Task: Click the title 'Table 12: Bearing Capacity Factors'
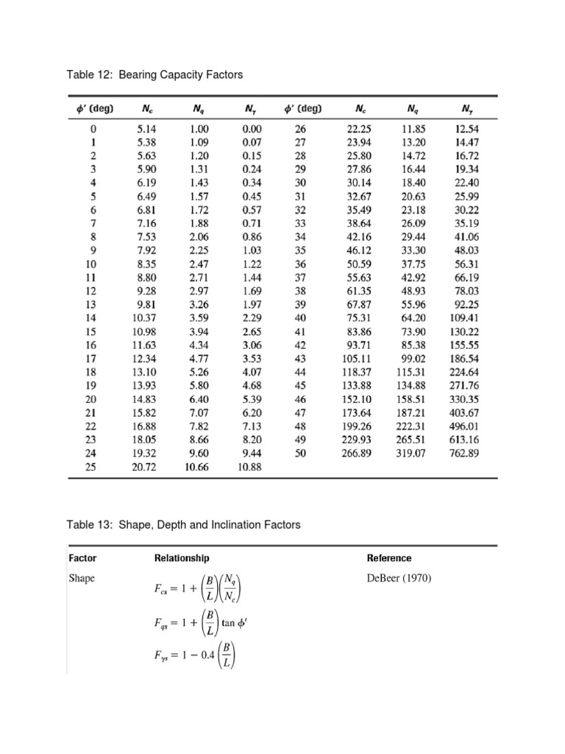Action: (x=154, y=75)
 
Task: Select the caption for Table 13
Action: (x=184, y=525)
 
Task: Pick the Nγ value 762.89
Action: (x=464, y=454)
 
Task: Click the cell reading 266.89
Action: (x=360, y=454)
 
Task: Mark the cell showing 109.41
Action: (x=464, y=318)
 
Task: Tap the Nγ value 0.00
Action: (x=251, y=128)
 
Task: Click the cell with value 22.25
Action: (x=360, y=128)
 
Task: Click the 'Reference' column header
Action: (x=389, y=558)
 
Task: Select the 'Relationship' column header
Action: (x=182, y=558)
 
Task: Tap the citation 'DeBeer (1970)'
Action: (x=399, y=578)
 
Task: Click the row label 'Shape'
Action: (x=82, y=578)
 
